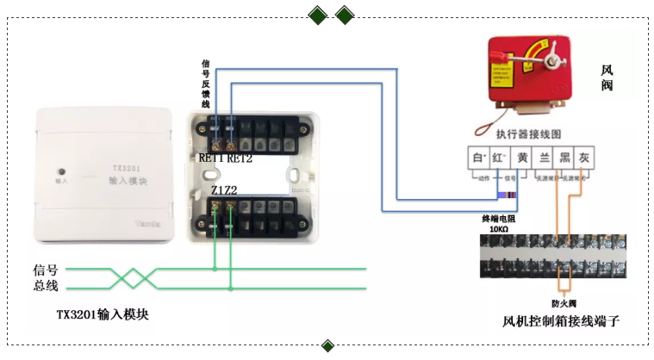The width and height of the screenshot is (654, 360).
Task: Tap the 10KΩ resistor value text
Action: (498, 230)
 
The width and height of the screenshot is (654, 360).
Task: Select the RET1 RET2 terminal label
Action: (225, 158)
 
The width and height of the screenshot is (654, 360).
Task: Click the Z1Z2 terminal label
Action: (223, 189)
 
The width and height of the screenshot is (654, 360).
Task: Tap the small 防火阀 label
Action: (564, 304)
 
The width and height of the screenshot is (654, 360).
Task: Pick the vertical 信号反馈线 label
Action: (205, 83)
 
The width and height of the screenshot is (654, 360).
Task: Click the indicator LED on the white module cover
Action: (59, 170)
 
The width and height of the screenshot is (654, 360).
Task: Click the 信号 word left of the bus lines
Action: (45, 270)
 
